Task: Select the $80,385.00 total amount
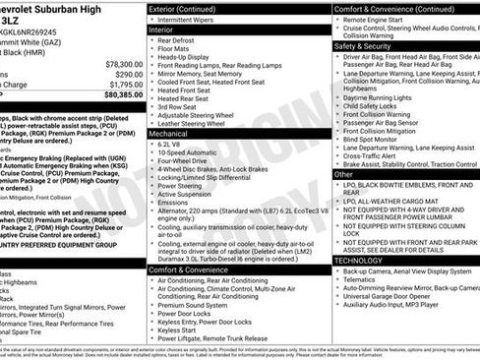click(117, 95)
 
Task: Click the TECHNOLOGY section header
click(358, 259)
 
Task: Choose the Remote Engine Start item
click(382, 19)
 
